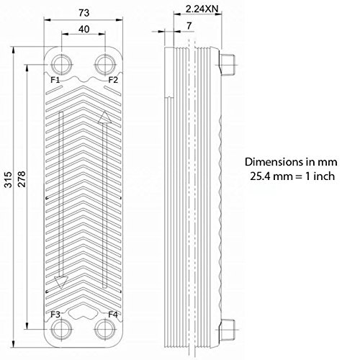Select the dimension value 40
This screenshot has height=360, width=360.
[84, 30]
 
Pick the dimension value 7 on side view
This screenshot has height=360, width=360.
[188, 26]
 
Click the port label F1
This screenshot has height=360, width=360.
[55, 79]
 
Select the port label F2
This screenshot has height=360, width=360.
[113, 79]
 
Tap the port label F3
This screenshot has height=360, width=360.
[55, 314]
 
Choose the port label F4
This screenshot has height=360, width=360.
[113, 314]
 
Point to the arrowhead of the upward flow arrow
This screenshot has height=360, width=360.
[105, 115]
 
